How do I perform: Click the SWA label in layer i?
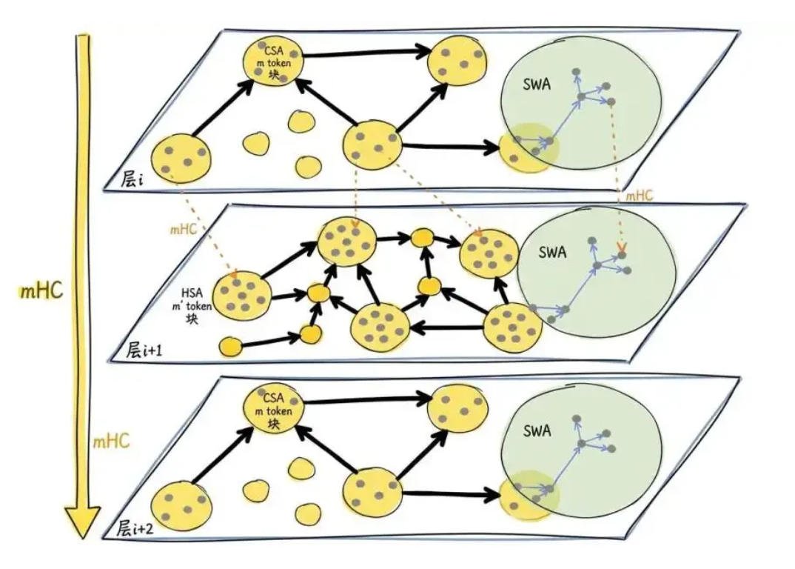pyautogui.click(x=537, y=84)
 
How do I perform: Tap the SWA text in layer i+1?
pyautogui.click(x=552, y=252)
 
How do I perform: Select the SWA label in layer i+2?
pyautogui.click(x=537, y=431)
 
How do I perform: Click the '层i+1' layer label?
pyautogui.click(x=144, y=350)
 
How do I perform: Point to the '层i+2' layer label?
pyautogui.click(x=135, y=529)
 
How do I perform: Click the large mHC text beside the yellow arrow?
pyautogui.click(x=41, y=291)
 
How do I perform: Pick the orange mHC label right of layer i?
pyautogui.click(x=640, y=196)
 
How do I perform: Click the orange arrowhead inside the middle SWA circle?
pyautogui.click(x=620, y=247)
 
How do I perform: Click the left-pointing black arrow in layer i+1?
pyautogui.click(x=446, y=329)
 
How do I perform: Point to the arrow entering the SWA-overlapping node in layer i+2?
pyautogui.click(x=451, y=493)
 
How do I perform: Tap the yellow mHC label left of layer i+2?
pyautogui.click(x=111, y=441)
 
